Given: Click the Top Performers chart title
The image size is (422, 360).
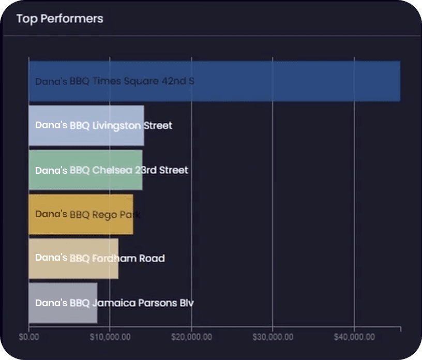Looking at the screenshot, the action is click(x=60, y=19).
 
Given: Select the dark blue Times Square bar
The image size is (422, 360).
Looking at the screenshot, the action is click(x=215, y=81).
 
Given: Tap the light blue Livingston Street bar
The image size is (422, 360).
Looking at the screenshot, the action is click(x=86, y=126).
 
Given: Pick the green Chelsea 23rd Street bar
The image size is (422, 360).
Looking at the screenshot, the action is click(x=85, y=170).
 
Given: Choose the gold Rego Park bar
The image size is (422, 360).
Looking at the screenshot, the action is click(x=81, y=214).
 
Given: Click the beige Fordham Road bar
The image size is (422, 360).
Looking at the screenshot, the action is click(x=73, y=259).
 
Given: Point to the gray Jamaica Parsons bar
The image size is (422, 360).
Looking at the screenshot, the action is click(x=63, y=303).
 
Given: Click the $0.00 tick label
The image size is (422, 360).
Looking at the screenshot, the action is click(x=29, y=337).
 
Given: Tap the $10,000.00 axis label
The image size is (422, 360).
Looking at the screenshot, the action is click(x=110, y=337).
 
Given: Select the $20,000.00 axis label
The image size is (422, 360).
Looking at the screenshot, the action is click(x=192, y=337).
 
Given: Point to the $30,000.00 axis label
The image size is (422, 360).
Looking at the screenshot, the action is click(x=273, y=337).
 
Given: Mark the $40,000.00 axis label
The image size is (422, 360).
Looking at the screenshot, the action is click(x=354, y=337).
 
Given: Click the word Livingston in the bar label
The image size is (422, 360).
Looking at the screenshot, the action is click(x=116, y=126).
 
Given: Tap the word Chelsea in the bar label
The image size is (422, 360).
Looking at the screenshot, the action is click(x=112, y=170).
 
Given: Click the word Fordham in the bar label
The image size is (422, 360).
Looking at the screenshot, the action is click(x=114, y=259).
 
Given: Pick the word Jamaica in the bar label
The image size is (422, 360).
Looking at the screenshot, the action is click(x=114, y=303).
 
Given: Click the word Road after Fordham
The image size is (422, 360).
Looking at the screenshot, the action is click(x=152, y=259).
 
